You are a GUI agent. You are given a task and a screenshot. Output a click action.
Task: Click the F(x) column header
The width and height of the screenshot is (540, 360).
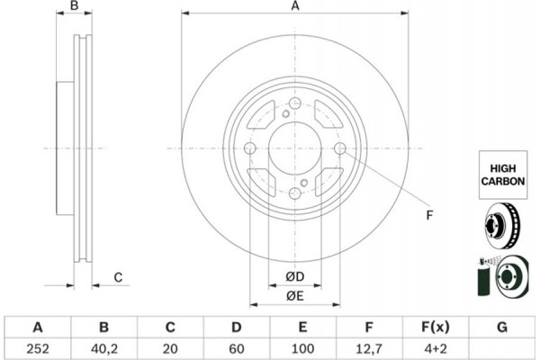tap(436, 327)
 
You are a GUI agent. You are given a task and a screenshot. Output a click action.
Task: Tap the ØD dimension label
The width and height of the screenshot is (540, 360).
tap(294, 275)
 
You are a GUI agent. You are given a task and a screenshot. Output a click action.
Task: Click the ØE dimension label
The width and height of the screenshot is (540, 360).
tap(294, 296)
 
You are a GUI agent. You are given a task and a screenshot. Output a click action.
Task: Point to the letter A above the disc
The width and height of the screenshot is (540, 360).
tap(294, 7)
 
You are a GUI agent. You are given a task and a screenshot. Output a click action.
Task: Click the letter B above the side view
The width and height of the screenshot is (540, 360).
tap(76, 7)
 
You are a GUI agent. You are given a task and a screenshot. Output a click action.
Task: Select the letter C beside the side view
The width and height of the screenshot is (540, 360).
tap(118, 276)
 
